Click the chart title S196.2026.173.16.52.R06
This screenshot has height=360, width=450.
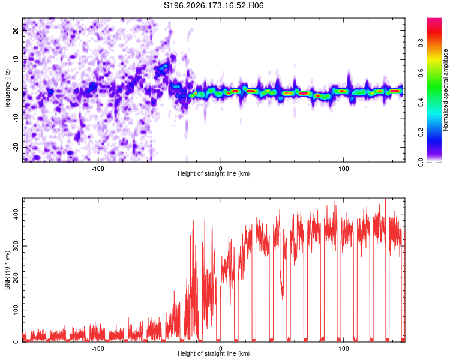[x=214, y=5]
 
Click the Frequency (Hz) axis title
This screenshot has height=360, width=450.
[x=7, y=90]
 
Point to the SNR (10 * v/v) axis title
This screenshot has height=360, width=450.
[x=7, y=270]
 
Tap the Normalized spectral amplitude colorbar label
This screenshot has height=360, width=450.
[x=445, y=90]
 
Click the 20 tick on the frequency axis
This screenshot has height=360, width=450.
[x=16, y=30]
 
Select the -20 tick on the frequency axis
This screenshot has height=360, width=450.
[x=16, y=147]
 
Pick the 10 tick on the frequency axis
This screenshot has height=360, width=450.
[x=16, y=59]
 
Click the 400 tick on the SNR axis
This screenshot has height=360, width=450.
[x=16, y=214]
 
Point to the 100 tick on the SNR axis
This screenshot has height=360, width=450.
[x=16, y=310]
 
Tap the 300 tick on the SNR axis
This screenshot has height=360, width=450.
[x=16, y=246]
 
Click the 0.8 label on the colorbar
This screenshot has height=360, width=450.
[x=421, y=43]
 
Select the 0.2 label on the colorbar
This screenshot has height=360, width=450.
[x=421, y=133]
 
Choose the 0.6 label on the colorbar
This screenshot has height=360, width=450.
[x=421, y=73]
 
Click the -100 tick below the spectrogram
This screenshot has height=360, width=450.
[x=98, y=169]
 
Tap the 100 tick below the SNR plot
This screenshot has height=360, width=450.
[x=344, y=349]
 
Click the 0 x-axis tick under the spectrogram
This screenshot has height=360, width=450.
[x=221, y=169]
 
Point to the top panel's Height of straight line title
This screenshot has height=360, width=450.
[x=214, y=173]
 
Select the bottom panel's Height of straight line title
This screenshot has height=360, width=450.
[x=214, y=353]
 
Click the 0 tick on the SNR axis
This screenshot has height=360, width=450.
[x=16, y=342]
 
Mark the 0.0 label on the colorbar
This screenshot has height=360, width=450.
[x=421, y=162]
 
